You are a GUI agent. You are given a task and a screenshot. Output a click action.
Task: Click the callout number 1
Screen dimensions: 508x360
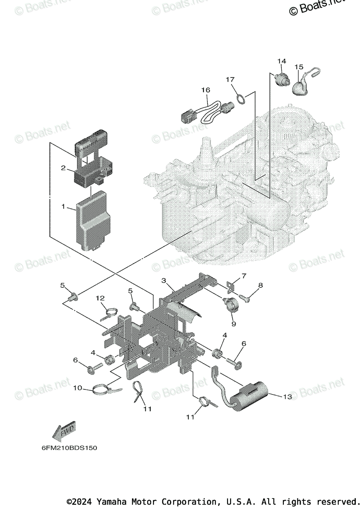tap(63, 207)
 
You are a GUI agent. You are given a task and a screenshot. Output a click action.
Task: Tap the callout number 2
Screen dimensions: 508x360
tap(63, 168)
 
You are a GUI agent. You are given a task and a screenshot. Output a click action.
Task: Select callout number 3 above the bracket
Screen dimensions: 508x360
tap(164, 281)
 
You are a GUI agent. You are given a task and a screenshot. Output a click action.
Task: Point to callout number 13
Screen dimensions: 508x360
tap(288, 397)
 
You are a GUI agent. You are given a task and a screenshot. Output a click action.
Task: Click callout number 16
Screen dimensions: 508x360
tap(206, 90)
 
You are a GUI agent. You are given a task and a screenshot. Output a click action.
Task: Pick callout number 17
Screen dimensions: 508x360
tap(230, 80)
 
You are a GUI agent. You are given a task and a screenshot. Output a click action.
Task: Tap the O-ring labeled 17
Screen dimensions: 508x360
tap(240, 99)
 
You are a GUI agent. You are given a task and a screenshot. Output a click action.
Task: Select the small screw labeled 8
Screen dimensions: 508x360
tap(245, 298)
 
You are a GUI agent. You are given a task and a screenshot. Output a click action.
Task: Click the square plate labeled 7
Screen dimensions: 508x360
tap(231, 286)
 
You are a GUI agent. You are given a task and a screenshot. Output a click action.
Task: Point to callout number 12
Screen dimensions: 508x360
tap(100, 298)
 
